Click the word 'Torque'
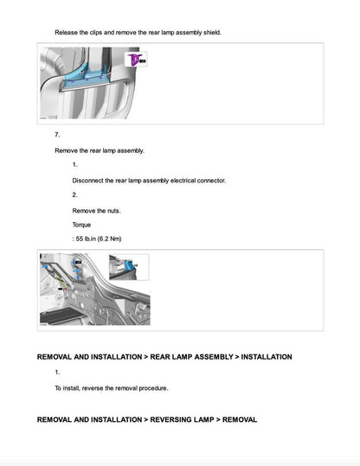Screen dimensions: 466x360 point(82,224)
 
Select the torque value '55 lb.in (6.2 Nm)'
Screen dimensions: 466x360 point(104,239)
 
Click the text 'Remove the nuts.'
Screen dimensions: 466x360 point(97,210)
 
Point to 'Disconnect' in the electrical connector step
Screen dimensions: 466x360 point(91,180)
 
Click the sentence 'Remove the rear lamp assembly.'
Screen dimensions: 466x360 point(100,150)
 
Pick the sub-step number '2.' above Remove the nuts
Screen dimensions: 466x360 point(75,195)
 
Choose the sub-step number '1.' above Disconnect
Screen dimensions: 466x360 point(75,164)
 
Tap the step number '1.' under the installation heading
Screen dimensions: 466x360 point(57,372)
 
